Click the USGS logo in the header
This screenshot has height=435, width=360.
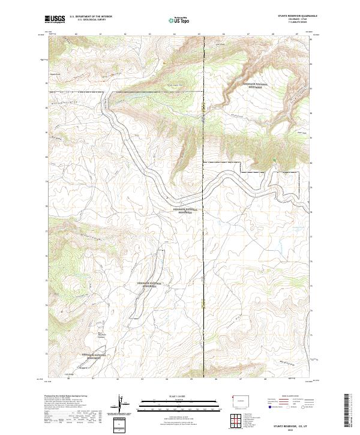pyautogui.click(x=55, y=19)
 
